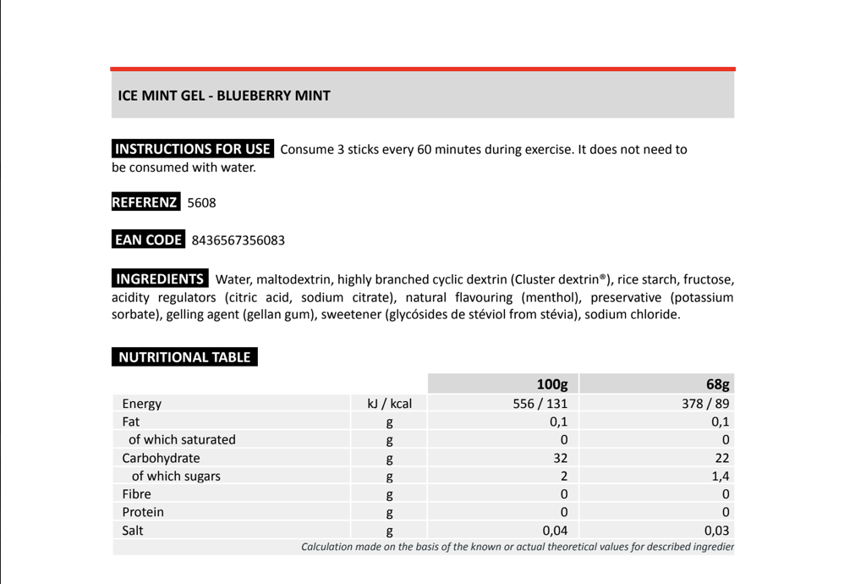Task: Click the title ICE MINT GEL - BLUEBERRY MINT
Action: [224, 96]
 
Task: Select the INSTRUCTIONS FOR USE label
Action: [193, 149]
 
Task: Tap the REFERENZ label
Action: [145, 202]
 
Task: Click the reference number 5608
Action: [201, 203]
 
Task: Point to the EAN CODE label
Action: [149, 240]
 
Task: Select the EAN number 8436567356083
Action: [238, 240]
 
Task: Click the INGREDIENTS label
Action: [160, 278]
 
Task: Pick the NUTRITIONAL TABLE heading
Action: [184, 357]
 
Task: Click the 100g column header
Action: [551, 385]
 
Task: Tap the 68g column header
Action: [718, 385]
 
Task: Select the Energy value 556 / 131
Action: [540, 404]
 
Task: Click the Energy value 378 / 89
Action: [705, 404]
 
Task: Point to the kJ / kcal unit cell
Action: [389, 404]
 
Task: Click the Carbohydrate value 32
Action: [559, 458]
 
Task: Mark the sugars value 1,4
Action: [721, 476]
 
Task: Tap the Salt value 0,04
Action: [555, 531]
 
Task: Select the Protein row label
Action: [143, 512]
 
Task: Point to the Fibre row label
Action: [136, 493]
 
